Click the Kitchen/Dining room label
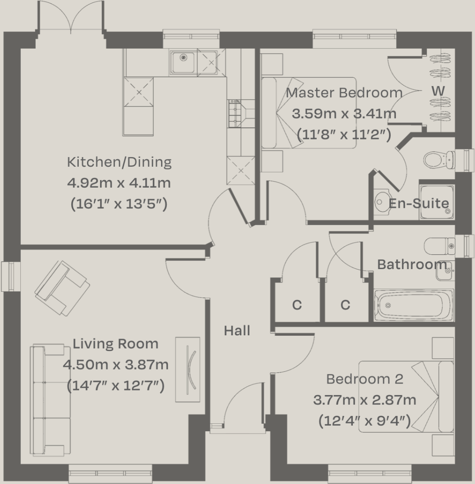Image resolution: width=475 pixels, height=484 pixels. pos(119,162)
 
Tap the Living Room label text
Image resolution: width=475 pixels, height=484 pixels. pos(115,344)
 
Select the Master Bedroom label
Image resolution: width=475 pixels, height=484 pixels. pos(344,93)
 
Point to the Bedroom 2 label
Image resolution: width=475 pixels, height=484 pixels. pos(364,379)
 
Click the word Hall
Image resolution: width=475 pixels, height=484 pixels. pos(237,331)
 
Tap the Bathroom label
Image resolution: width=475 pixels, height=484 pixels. pos(412,264)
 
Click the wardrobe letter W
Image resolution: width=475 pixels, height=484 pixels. pos(438,91)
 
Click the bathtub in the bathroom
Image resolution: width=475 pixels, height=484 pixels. pos(413,305)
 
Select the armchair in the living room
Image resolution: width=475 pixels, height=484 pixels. pos(62,288)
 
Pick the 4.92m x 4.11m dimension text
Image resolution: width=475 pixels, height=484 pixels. pos(119,183)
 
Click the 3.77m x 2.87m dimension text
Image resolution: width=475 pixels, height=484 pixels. pos(364,400)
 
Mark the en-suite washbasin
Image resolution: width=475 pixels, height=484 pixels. pos(382,201)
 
